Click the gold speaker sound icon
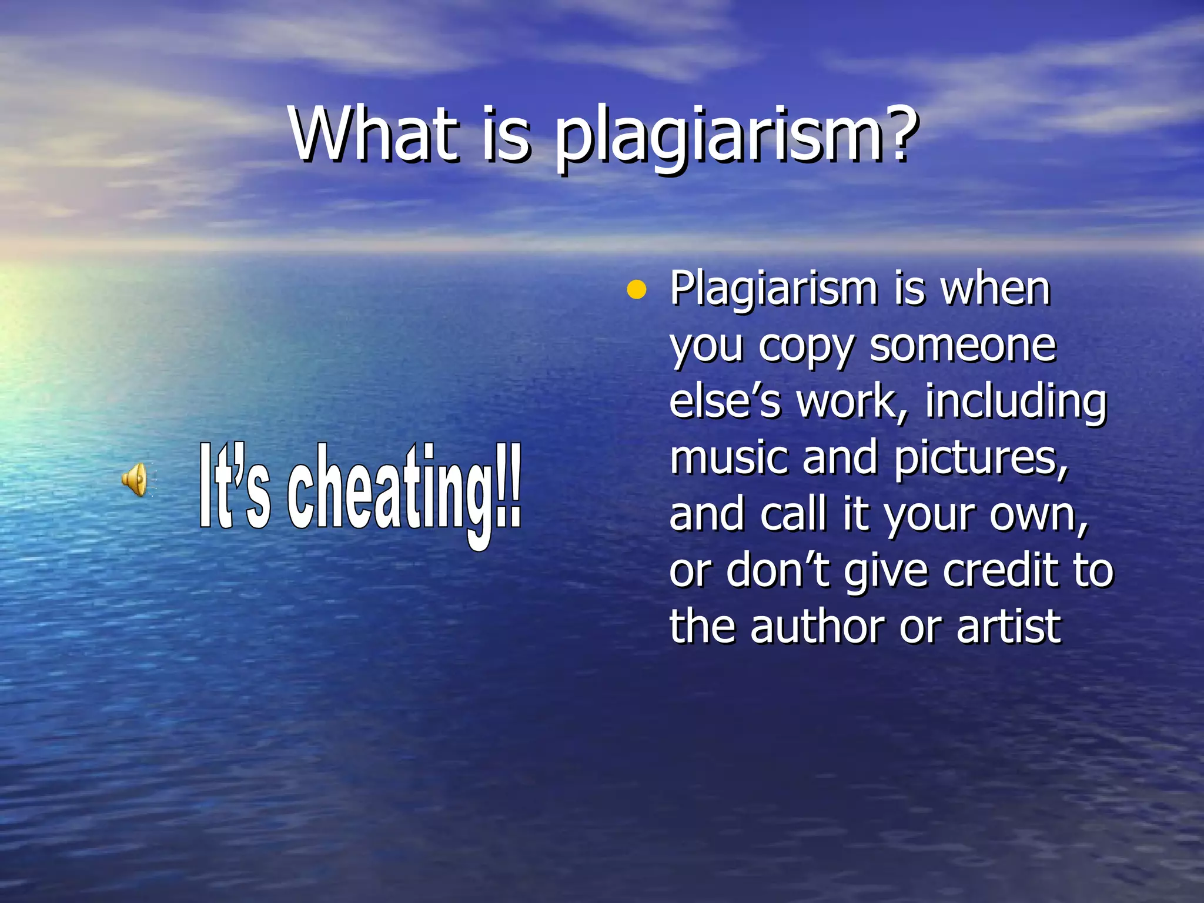[x=135, y=479]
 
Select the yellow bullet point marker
[x=636, y=289]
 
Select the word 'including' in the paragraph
[x=1015, y=403]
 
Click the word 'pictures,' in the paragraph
[x=981, y=459]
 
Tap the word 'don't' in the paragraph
[x=778, y=570]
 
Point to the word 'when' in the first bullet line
[x=995, y=290]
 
